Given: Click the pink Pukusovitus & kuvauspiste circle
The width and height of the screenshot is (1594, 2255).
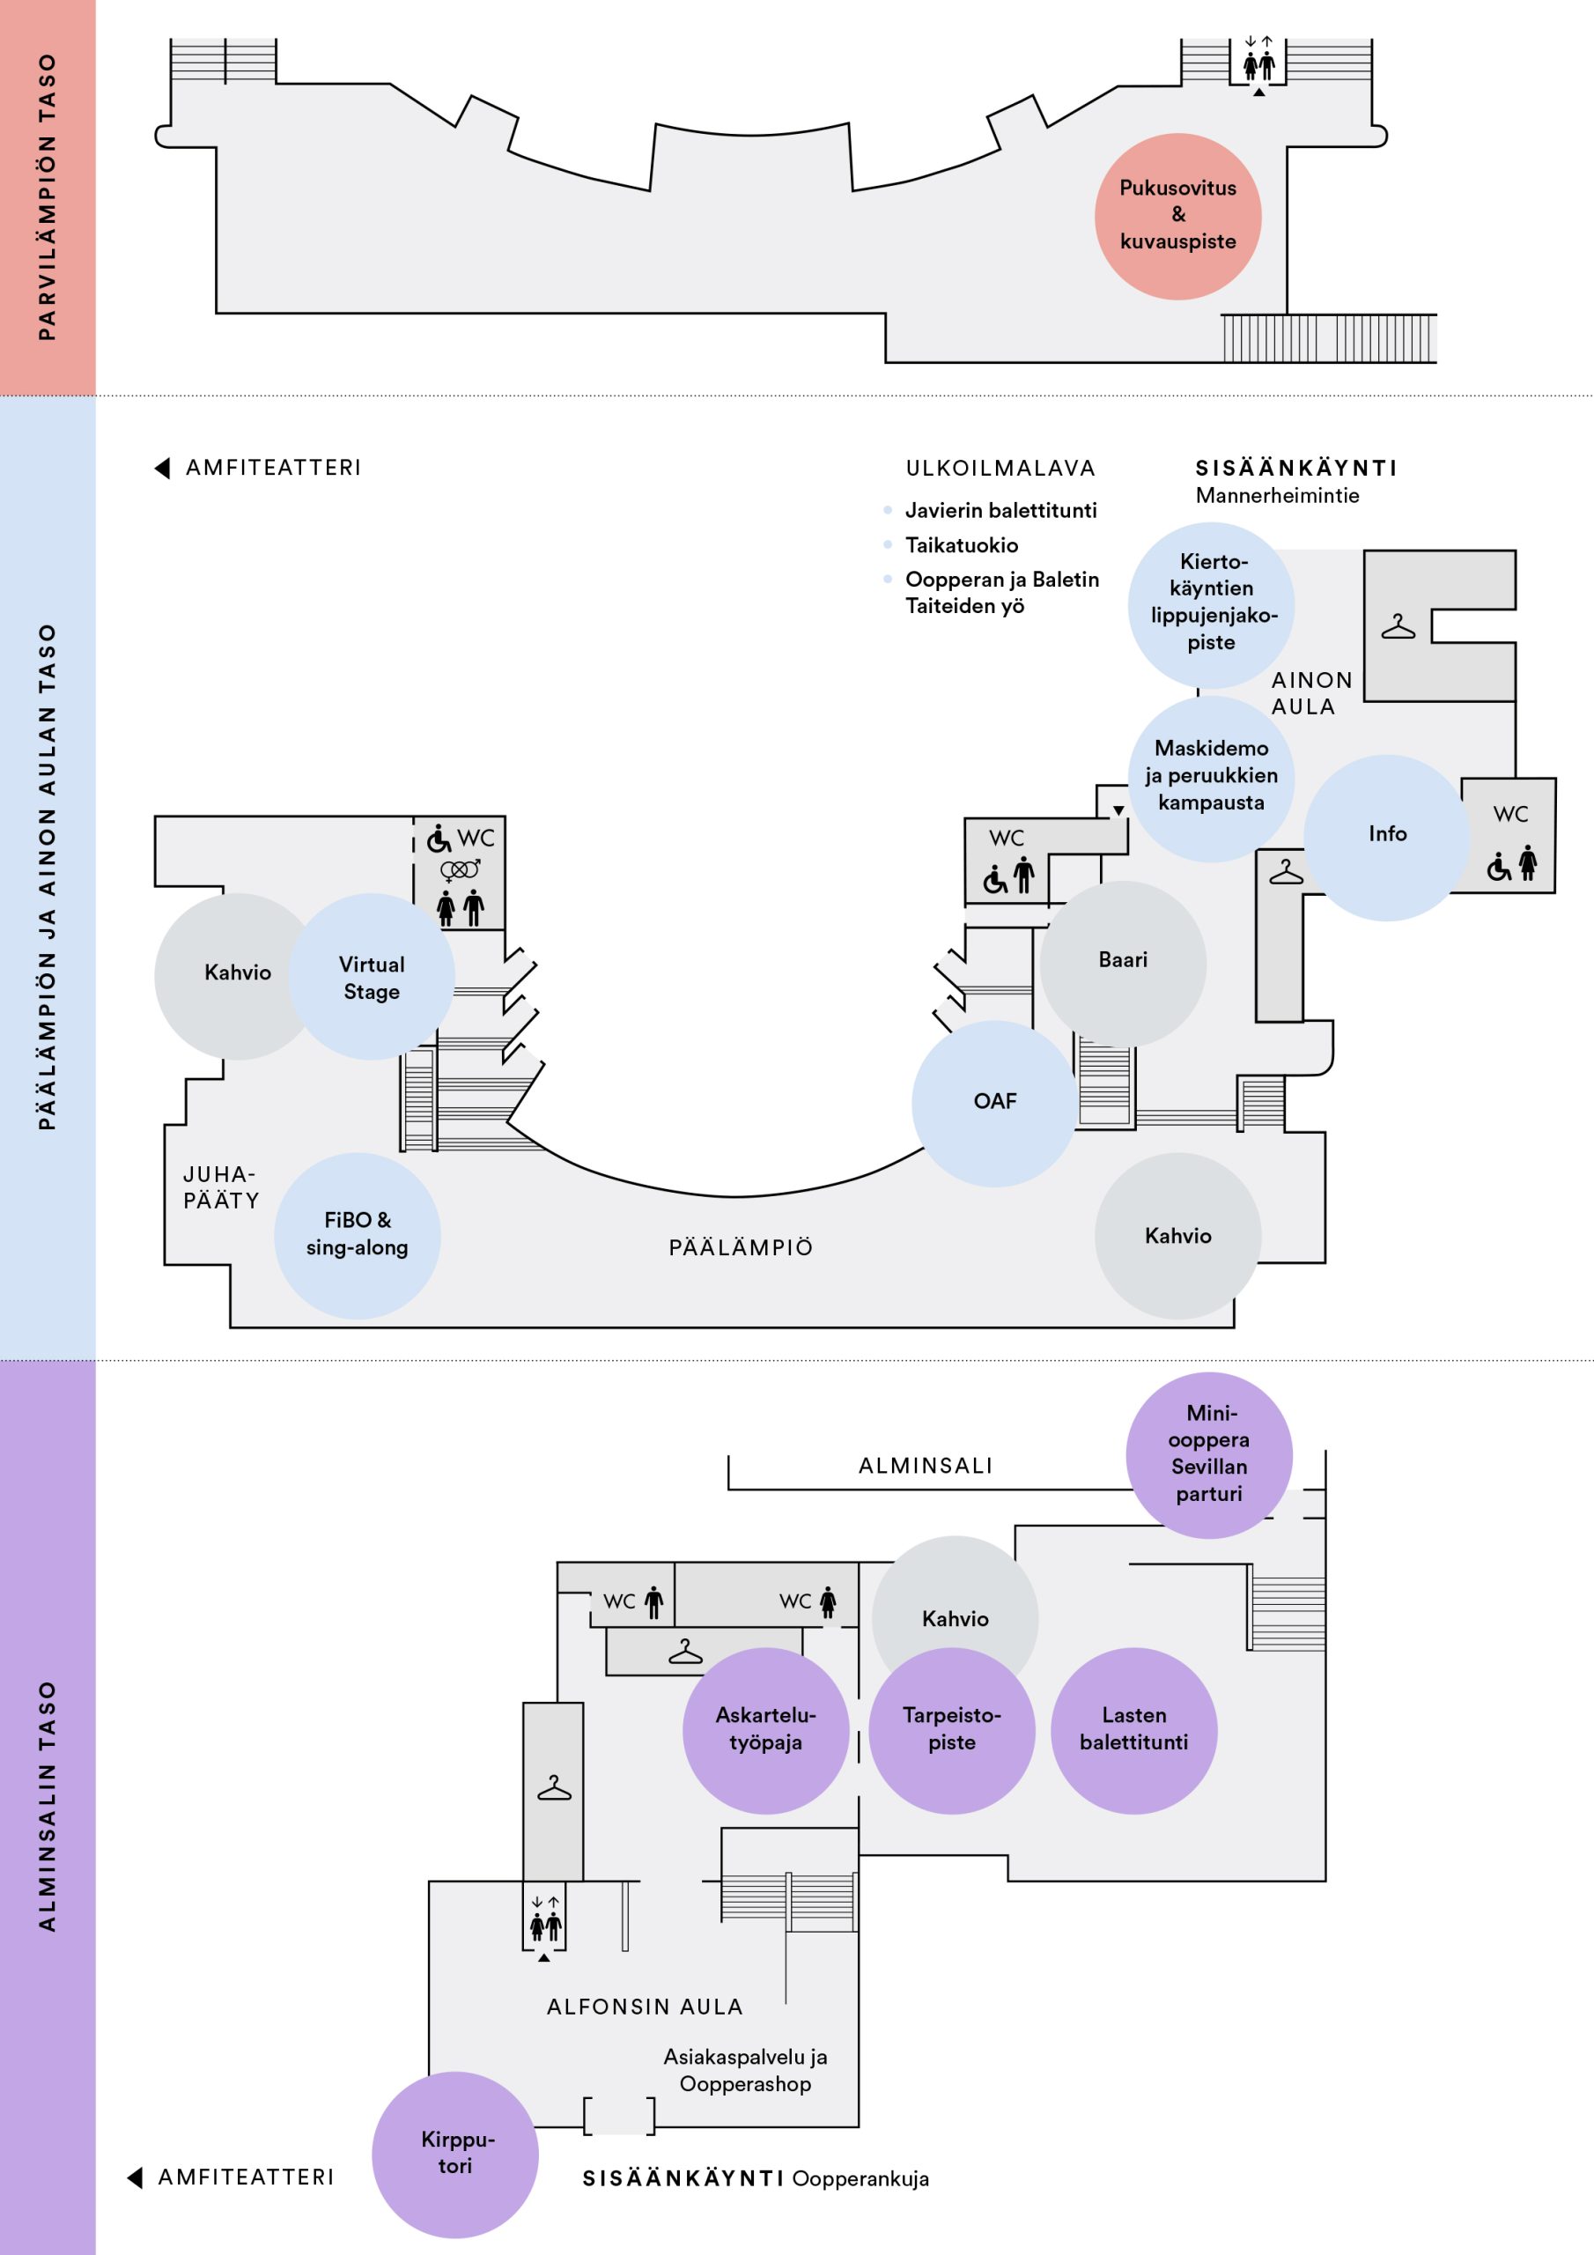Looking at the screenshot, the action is tap(1177, 216).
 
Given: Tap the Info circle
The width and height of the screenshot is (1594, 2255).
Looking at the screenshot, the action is tap(1387, 837).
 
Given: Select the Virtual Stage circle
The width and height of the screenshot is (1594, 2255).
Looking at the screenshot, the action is tap(372, 976).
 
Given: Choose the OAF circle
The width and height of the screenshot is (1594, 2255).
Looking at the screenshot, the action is tap(995, 1103).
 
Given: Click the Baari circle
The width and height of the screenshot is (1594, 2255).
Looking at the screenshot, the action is tap(1123, 964).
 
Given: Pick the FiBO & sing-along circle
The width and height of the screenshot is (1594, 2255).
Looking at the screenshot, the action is tap(358, 1236).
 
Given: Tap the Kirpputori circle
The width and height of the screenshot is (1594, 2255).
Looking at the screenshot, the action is tap(454, 2154).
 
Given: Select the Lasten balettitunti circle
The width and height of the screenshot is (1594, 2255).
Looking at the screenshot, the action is tap(1134, 1731).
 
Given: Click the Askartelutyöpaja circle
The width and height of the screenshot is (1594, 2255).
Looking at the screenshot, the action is tap(766, 1731).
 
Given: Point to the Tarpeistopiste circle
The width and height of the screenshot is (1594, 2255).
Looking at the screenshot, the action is tap(952, 1731).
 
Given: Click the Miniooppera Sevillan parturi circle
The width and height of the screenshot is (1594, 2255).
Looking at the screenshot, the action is tap(1209, 1454).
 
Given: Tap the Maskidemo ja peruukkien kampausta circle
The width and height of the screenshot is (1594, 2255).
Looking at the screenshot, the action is tap(1211, 779).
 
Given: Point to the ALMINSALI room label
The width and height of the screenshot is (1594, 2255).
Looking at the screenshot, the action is tap(926, 1466).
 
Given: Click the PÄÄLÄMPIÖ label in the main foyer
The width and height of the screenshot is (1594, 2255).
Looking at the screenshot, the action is tap(742, 1247).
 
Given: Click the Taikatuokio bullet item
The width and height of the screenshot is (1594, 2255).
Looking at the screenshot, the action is tap(962, 545).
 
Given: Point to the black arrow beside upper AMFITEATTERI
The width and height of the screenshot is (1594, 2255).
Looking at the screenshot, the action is tap(162, 468).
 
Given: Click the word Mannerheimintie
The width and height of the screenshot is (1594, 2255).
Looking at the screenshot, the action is tap(1278, 495).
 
